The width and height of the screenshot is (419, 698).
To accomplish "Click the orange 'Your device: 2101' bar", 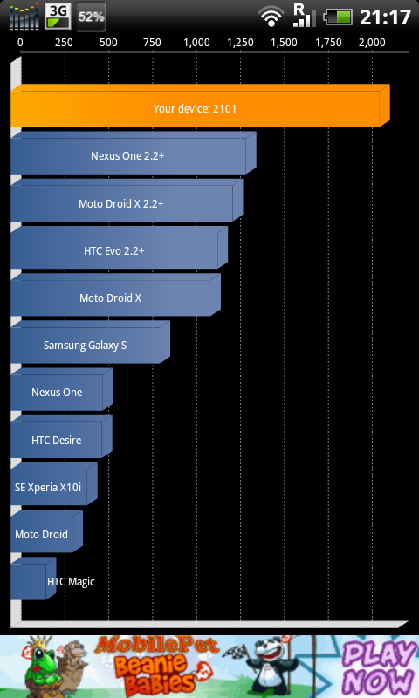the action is click(200, 106).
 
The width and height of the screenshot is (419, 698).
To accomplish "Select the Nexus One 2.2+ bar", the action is click(134, 153).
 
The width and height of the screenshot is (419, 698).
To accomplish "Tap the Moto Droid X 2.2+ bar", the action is click(127, 201).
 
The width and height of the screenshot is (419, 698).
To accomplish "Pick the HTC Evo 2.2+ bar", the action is click(119, 248).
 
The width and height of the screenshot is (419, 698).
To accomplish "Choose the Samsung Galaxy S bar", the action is click(90, 342).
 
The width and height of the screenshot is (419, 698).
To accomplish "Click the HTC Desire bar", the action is click(61, 437).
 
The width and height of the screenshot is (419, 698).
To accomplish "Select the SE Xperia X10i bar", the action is click(53, 484).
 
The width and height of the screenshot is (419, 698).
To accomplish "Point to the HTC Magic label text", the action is click(71, 581).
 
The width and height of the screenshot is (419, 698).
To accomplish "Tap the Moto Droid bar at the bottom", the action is click(46, 531).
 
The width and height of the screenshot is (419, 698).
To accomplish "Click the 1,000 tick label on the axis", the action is click(196, 43).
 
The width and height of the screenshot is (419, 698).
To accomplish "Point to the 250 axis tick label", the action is click(64, 43).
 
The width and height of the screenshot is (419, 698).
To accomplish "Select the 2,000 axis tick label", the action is click(372, 43).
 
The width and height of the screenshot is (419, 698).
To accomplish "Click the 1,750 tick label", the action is click(328, 43).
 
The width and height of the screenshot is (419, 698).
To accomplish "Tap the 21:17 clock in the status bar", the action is click(385, 17).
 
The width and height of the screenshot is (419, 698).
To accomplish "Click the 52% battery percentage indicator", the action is click(91, 17).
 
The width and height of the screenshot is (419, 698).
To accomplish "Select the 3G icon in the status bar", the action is click(58, 16).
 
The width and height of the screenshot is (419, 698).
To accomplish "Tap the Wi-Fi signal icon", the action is click(271, 17).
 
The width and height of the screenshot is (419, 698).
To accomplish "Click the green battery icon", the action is click(338, 17).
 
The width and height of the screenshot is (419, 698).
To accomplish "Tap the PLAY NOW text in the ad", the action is click(379, 667).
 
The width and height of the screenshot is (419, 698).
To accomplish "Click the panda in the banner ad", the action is click(270, 663).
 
